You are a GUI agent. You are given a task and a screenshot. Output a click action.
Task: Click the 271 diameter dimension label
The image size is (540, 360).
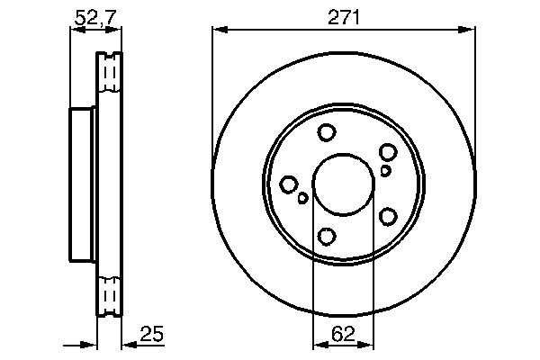pyautogui.click(x=344, y=17)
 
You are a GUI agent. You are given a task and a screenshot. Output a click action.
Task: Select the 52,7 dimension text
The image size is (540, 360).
pyautogui.click(x=95, y=17)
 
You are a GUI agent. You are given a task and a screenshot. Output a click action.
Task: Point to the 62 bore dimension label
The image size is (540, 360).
pyautogui.click(x=343, y=334)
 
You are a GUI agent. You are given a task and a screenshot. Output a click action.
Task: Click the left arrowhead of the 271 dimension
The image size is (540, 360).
pyautogui.click(x=220, y=30)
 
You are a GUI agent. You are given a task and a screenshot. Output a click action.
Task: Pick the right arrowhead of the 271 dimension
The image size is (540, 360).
pyautogui.click(x=467, y=30)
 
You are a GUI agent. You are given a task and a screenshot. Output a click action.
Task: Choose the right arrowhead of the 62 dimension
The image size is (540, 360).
pyautogui.click(x=365, y=345)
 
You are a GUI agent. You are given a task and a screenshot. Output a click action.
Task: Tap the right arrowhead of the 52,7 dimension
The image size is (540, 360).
pyautogui.click(x=113, y=30)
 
